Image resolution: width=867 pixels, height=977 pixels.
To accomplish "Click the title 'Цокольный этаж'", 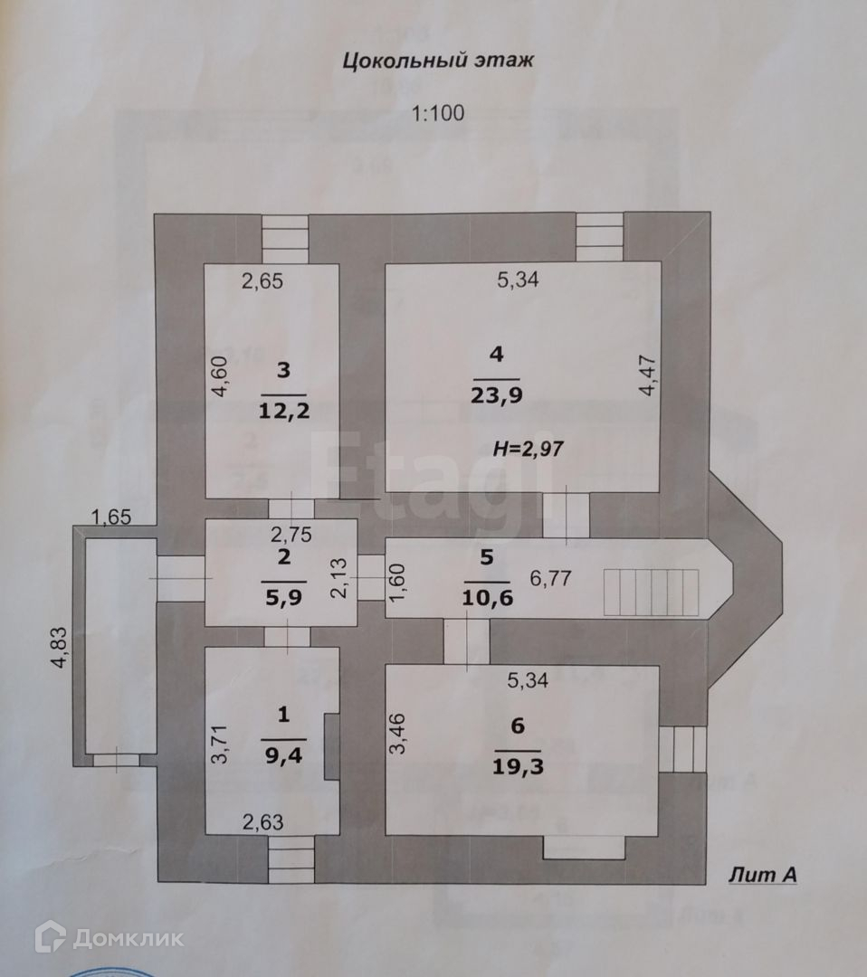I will click(438, 62).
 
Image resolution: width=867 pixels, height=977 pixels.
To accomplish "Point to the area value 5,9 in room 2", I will click(283, 597).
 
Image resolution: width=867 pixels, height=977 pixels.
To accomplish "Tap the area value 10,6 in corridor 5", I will click(487, 597).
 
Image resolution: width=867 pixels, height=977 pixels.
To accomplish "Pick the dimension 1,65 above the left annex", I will click(112, 517).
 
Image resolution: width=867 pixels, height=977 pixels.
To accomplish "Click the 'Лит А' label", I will click(761, 875).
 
